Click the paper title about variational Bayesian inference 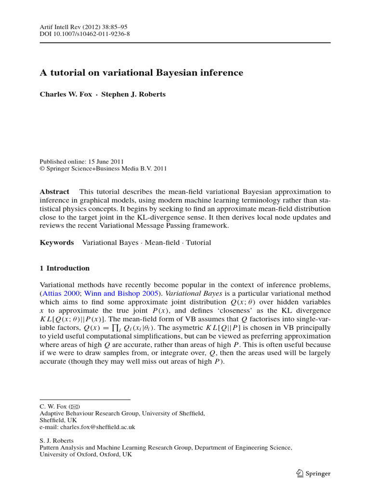[x=141, y=73]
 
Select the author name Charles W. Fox [x=65, y=95]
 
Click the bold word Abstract [x=54, y=192]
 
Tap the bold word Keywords [x=56, y=243]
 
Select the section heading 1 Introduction [x=65, y=268]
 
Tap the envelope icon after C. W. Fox [x=75, y=407]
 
